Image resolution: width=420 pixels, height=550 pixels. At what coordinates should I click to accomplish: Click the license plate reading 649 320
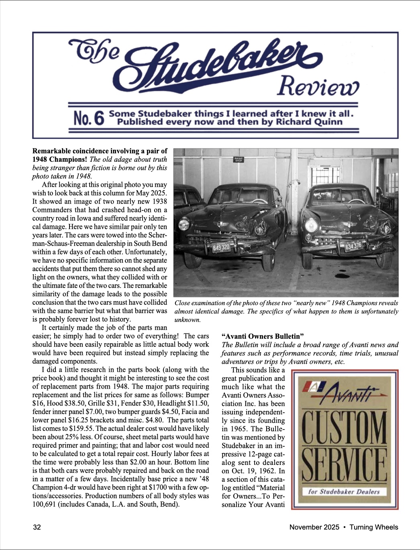tap(221, 247)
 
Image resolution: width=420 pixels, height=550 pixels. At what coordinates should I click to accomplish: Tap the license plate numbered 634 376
tap(353, 246)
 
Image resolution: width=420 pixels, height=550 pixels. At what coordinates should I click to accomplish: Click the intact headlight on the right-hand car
tap(311, 225)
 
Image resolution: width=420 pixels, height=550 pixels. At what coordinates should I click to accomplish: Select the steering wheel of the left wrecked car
tap(259, 202)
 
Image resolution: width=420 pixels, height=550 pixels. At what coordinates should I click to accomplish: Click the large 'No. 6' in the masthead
tap(89, 118)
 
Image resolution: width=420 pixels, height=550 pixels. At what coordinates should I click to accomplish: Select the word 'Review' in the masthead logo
tap(317, 86)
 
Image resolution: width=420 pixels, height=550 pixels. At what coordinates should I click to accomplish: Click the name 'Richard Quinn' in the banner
tap(309, 122)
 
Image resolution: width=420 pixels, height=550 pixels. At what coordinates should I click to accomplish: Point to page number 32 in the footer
tap(37, 527)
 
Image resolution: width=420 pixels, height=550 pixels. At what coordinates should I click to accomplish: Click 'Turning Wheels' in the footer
tap(374, 527)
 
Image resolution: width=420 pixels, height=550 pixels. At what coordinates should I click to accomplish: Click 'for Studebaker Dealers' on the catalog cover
tap(344, 491)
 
